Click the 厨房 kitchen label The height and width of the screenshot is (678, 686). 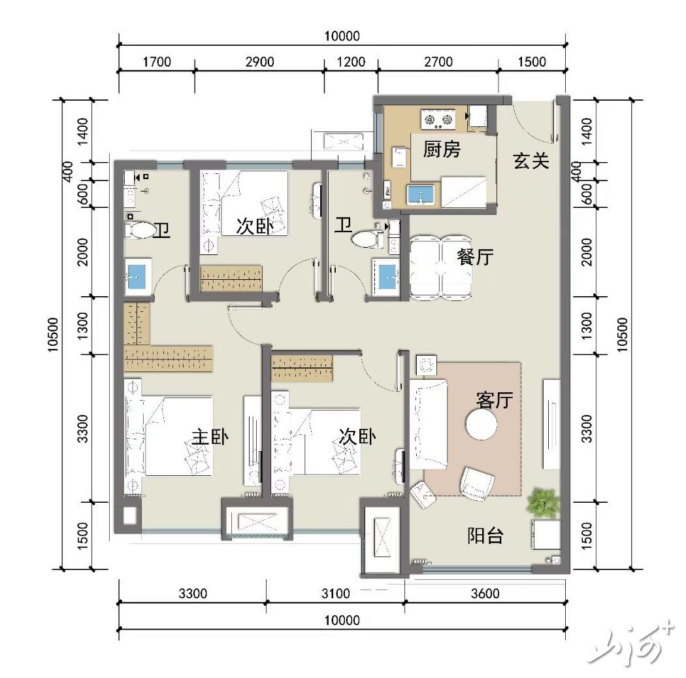[x=442, y=149]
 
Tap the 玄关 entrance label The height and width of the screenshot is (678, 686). [x=531, y=161]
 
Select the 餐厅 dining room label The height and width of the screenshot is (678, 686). [x=475, y=257]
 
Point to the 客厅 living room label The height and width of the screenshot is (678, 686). [x=495, y=399]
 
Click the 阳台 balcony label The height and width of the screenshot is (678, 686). [x=485, y=535]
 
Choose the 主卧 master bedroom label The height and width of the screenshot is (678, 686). [x=210, y=437]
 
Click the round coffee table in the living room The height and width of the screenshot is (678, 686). [x=482, y=424]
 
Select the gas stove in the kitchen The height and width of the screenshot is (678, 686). [x=438, y=120]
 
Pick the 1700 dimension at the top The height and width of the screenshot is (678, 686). [x=157, y=61]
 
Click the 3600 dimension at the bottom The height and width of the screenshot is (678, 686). [x=485, y=594]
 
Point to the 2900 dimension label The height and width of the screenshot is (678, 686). [x=260, y=61]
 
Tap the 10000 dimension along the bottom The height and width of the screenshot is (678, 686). [x=342, y=620]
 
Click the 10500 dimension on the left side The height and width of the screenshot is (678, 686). [x=52, y=334]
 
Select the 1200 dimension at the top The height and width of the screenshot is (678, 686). [x=351, y=61]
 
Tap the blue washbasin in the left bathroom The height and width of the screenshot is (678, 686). [x=138, y=277]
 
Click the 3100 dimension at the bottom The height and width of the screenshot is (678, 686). [x=336, y=594]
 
